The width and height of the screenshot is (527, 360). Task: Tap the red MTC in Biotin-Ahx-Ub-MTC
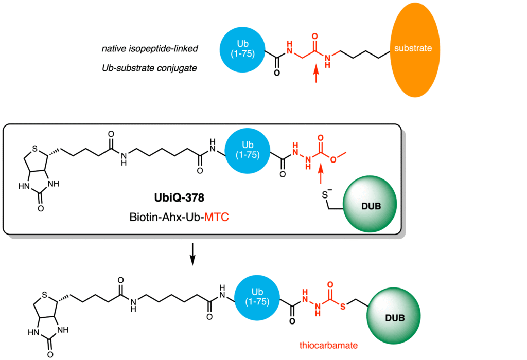216,219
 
